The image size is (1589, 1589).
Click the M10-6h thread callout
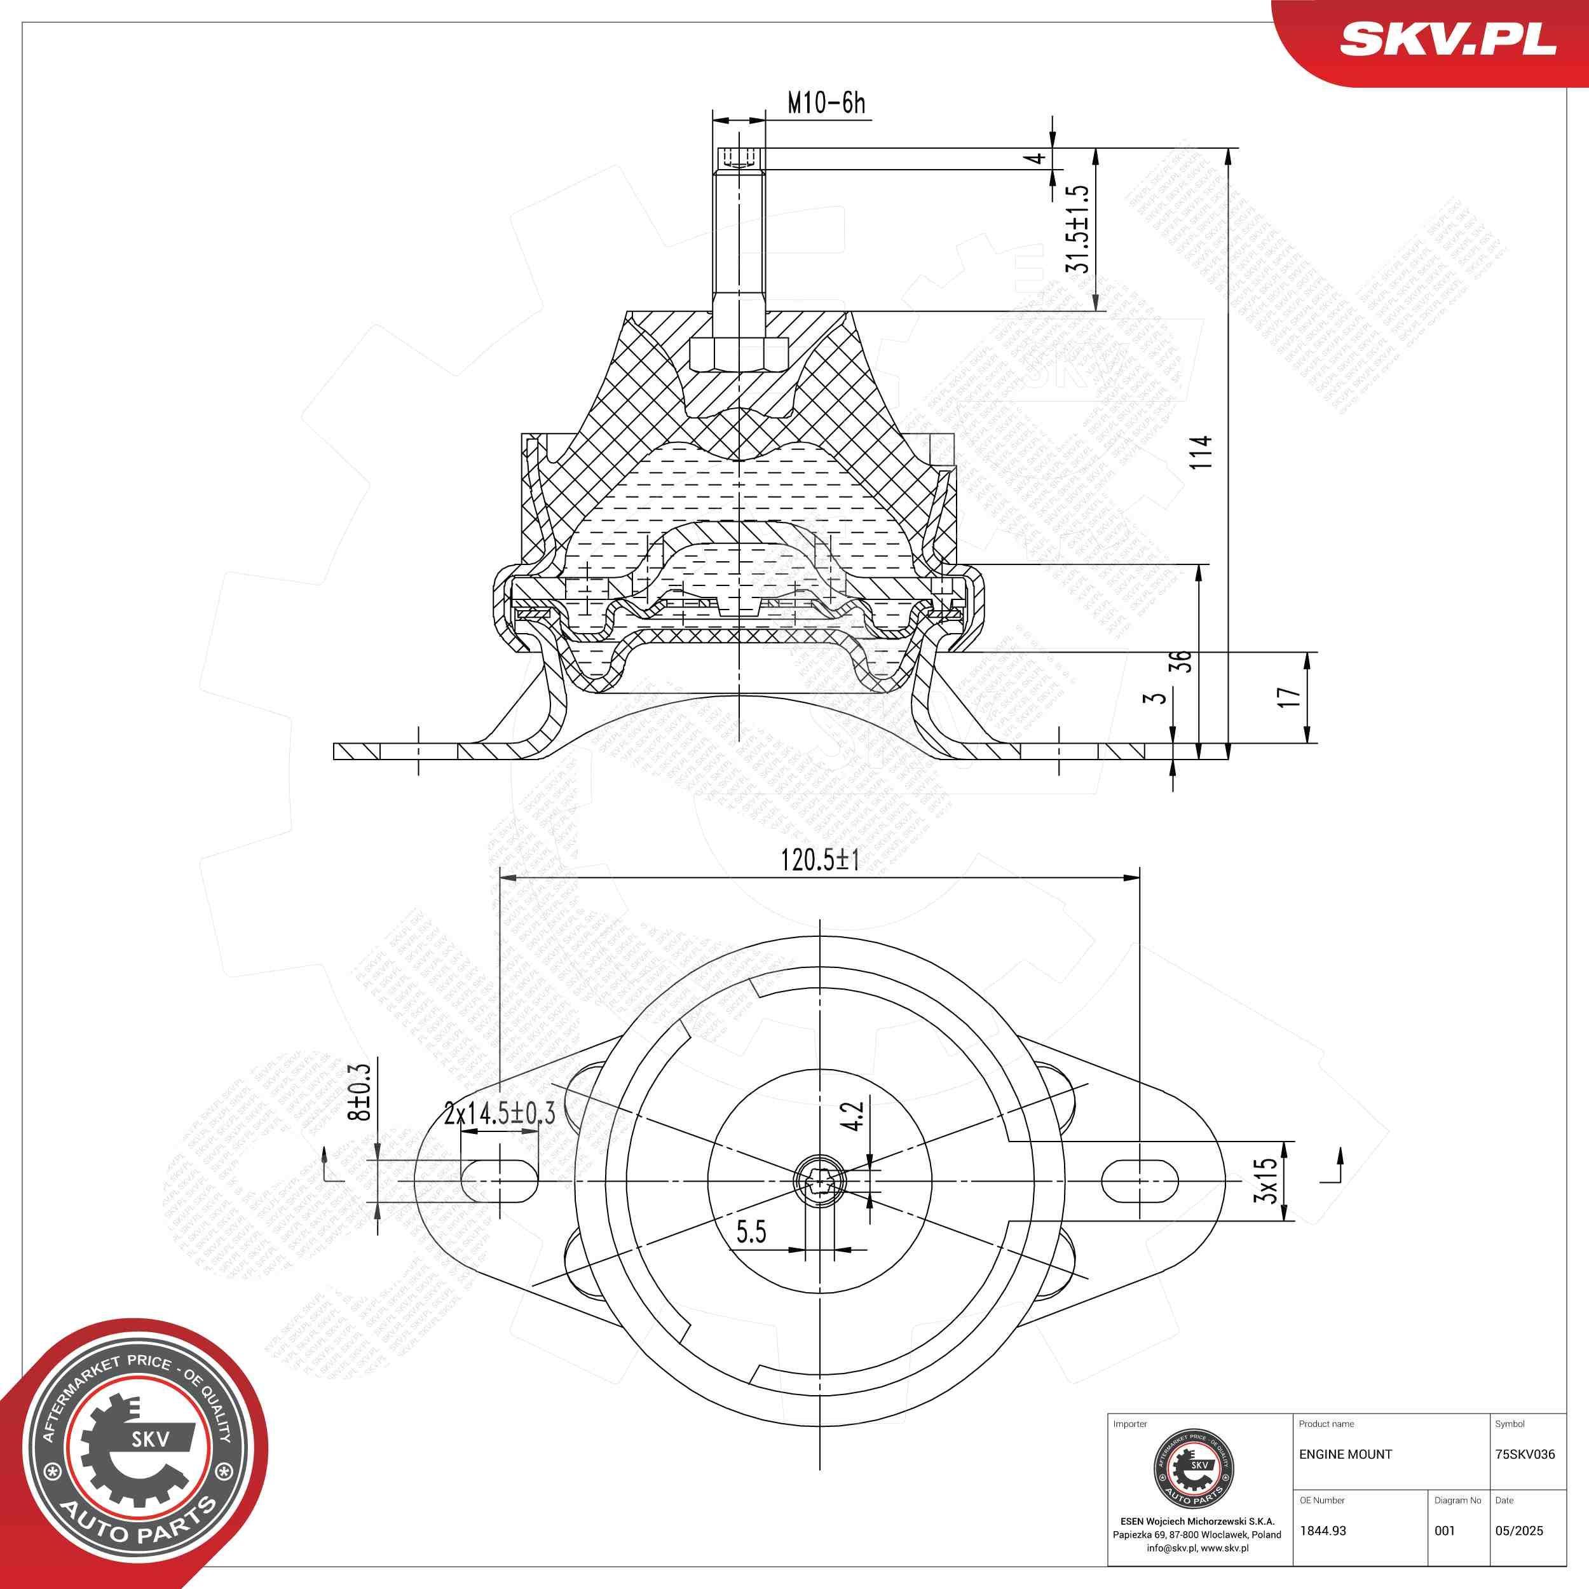click(x=826, y=104)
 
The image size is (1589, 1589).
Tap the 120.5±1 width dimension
click(x=819, y=861)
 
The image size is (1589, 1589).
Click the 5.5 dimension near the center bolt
click(x=750, y=1232)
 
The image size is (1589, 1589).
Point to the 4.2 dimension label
click(x=854, y=1116)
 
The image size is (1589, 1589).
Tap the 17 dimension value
click(x=1289, y=697)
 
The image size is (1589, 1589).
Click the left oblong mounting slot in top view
click(x=499, y=1180)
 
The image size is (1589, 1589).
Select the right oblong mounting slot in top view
click(x=1139, y=1180)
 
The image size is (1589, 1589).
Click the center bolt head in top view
click(x=820, y=1181)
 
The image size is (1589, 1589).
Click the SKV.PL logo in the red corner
click(x=1447, y=39)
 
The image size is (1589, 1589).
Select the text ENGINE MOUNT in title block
click(x=1346, y=1454)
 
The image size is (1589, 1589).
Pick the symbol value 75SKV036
click(x=1525, y=1454)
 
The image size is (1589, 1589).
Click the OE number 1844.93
click(x=1323, y=1531)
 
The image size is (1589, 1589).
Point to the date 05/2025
click(x=1519, y=1531)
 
